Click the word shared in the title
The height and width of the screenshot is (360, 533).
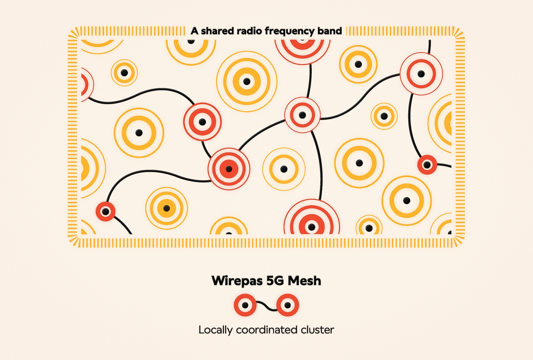pyautogui.click(x=217, y=31)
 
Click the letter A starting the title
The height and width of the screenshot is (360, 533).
pyautogui.click(x=194, y=31)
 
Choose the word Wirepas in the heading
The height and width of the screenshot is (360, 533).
pyautogui.click(x=237, y=281)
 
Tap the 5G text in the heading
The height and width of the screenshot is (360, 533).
pyautogui.click(x=275, y=281)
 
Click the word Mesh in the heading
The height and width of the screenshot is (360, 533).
pyautogui.click(x=304, y=281)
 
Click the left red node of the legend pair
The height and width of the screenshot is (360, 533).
pyautogui.click(x=245, y=305)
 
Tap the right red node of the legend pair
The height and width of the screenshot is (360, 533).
pyautogui.click(x=288, y=305)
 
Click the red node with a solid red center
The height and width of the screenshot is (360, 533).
pyautogui.click(x=229, y=169)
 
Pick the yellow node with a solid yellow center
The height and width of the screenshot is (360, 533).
pyautogui.click(x=167, y=208)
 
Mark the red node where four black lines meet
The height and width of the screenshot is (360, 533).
pyautogui.click(x=302, y=115)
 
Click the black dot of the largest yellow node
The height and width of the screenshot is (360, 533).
pyautogui.click(x=247, y=82)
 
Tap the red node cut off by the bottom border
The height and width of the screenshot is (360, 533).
pyautogui.click(x=312, y=222)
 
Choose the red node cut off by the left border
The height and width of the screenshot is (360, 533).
pyautogui.click(x=86, y=84)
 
